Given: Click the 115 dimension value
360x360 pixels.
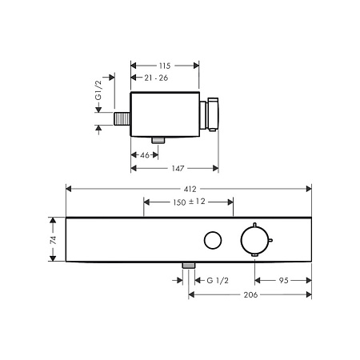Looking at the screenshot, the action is click(x=165, y=66).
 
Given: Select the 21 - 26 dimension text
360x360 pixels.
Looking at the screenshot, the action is click(x=156, y=78).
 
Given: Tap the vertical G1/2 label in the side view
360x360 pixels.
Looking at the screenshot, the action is click(x=98, y=90).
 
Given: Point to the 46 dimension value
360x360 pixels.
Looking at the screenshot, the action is click(x=145, y=155).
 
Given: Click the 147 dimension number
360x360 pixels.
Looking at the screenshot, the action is click(x=178, y=168).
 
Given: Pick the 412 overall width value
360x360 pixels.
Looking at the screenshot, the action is click(x=190, y=189).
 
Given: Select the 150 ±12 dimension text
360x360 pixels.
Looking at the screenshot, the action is click(x=189, y=202).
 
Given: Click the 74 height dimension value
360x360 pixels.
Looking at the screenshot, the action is click(x=54, y=240).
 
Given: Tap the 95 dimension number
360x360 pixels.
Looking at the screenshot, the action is click(x=283, y=281).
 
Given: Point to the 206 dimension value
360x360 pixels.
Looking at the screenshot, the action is click(x=250, y=294).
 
